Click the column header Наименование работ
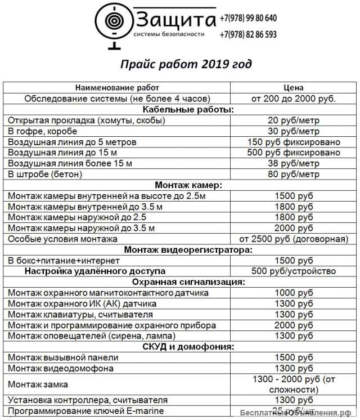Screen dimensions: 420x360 click(x=117, y=88)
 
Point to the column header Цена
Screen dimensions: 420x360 click(x=294, y=88)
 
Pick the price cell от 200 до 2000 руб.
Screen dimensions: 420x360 click(x=294, y=99)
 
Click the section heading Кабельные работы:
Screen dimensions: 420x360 click(x=181, y=109)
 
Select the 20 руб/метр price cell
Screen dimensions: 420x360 click(x=294, y=120)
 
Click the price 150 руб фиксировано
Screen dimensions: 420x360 click(x=294, y=142)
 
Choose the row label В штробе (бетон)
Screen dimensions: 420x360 click(x=45, y=174)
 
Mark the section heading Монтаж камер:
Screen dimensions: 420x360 click(x=181, y=185)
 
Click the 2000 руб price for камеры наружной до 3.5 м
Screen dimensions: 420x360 click(x=294, y=228)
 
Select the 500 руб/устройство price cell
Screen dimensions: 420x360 click(x=294, y=271)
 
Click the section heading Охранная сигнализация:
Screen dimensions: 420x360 click(x=181, y=282)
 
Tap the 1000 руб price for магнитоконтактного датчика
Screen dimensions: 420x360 click(x=294, y=293)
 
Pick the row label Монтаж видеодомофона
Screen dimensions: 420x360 click(x=61, y=368)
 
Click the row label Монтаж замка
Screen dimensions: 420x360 click(x=38, y=384)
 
